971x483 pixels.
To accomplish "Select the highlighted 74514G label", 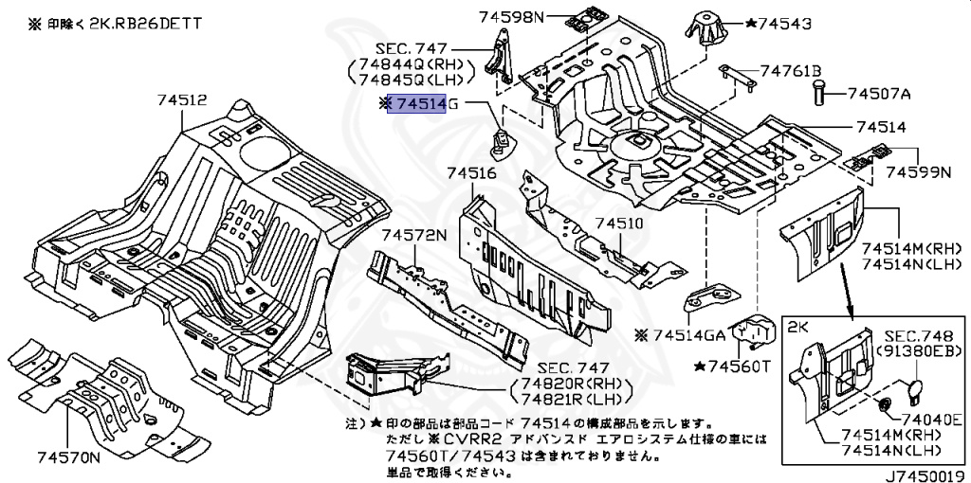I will (418, 103).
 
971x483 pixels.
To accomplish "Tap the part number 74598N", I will (512, 16).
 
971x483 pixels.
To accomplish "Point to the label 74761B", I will (789, 70).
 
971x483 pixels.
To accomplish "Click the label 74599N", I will (918, 172).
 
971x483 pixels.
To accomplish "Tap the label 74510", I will (618, 224).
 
